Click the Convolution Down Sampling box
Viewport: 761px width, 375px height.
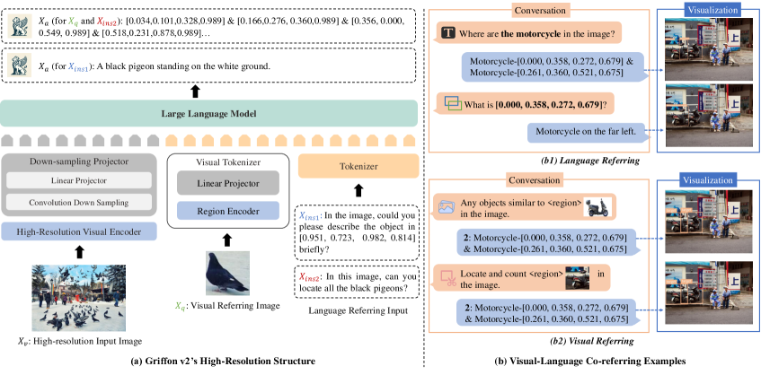[81, 202]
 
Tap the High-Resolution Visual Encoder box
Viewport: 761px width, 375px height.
[81, 231]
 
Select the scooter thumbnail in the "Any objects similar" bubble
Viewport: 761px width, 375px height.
[593, 206]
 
